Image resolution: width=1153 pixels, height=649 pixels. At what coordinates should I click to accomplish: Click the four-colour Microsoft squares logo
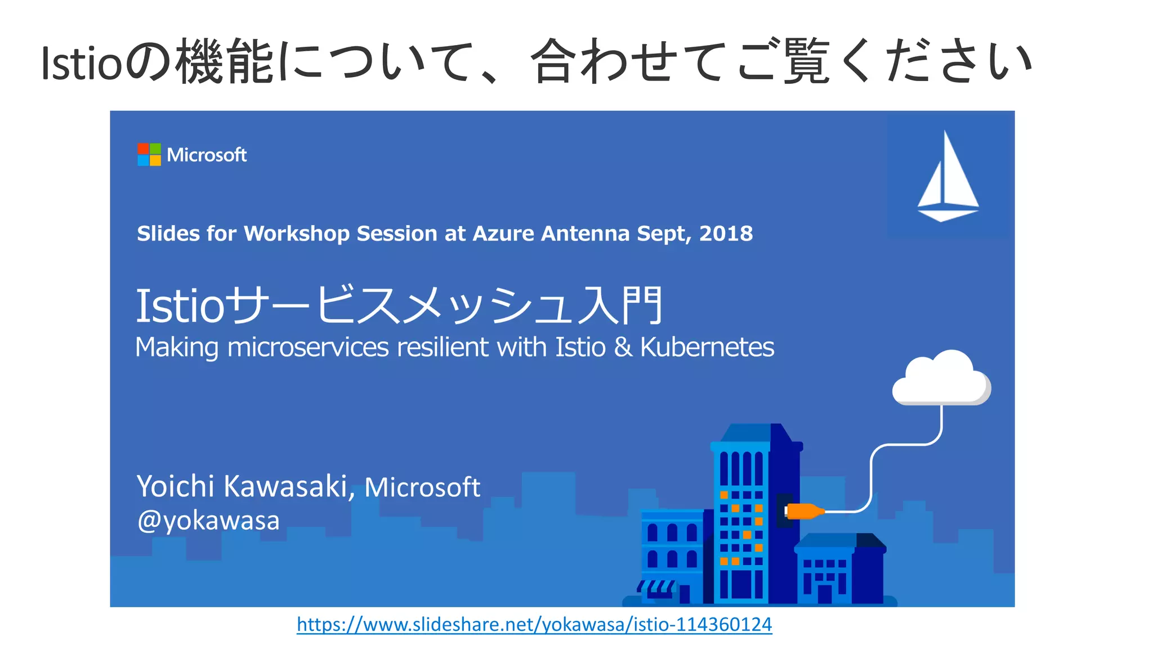149,155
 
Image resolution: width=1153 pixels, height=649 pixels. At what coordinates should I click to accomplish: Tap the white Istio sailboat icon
948,177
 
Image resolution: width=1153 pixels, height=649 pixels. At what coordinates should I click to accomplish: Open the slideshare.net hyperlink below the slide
534,624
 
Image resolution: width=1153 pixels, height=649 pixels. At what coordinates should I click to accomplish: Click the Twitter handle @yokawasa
208,521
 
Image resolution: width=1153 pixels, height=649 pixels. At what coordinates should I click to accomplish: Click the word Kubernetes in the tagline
707,347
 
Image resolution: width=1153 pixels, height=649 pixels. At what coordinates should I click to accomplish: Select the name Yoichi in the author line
176,486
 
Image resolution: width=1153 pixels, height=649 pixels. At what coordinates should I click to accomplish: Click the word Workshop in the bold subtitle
297,234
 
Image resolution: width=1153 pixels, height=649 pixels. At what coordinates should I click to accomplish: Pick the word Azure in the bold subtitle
503,234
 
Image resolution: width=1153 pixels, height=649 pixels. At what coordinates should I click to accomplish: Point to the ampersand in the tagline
623,347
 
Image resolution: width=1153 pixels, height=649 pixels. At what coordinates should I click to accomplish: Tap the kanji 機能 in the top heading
225,62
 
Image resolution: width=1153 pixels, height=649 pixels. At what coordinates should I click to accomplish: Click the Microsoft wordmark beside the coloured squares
207,155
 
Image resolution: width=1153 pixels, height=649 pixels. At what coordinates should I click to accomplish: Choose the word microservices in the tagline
308,347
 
